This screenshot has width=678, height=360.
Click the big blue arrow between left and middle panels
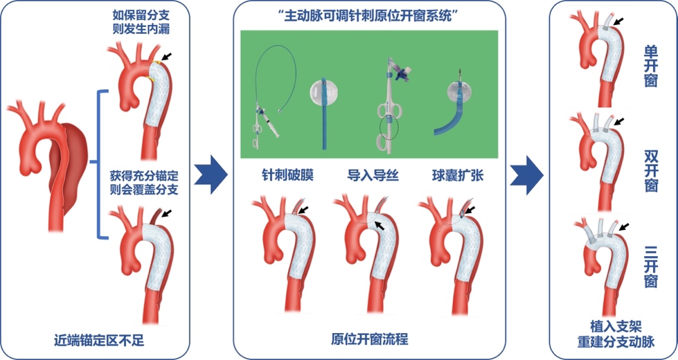point(209,171)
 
